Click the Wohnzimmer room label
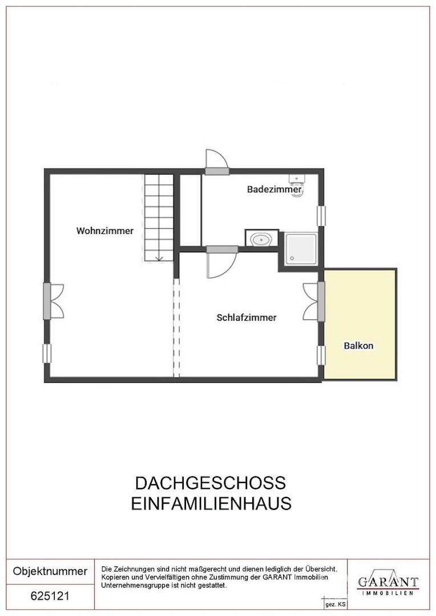pos(105,231)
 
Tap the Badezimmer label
pos(274,189)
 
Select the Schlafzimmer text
pos(247,318)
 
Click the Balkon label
pos(358,346)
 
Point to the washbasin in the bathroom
pos(262,239)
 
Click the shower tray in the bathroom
pos(300,249)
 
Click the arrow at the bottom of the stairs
pos(159,257)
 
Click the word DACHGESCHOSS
pos(210,483)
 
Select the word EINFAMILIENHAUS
pos(211,504)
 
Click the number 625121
pos(50,596)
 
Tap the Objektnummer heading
pos(50,571)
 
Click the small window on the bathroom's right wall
pos(321,216)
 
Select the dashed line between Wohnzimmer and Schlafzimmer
pos(176,328)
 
